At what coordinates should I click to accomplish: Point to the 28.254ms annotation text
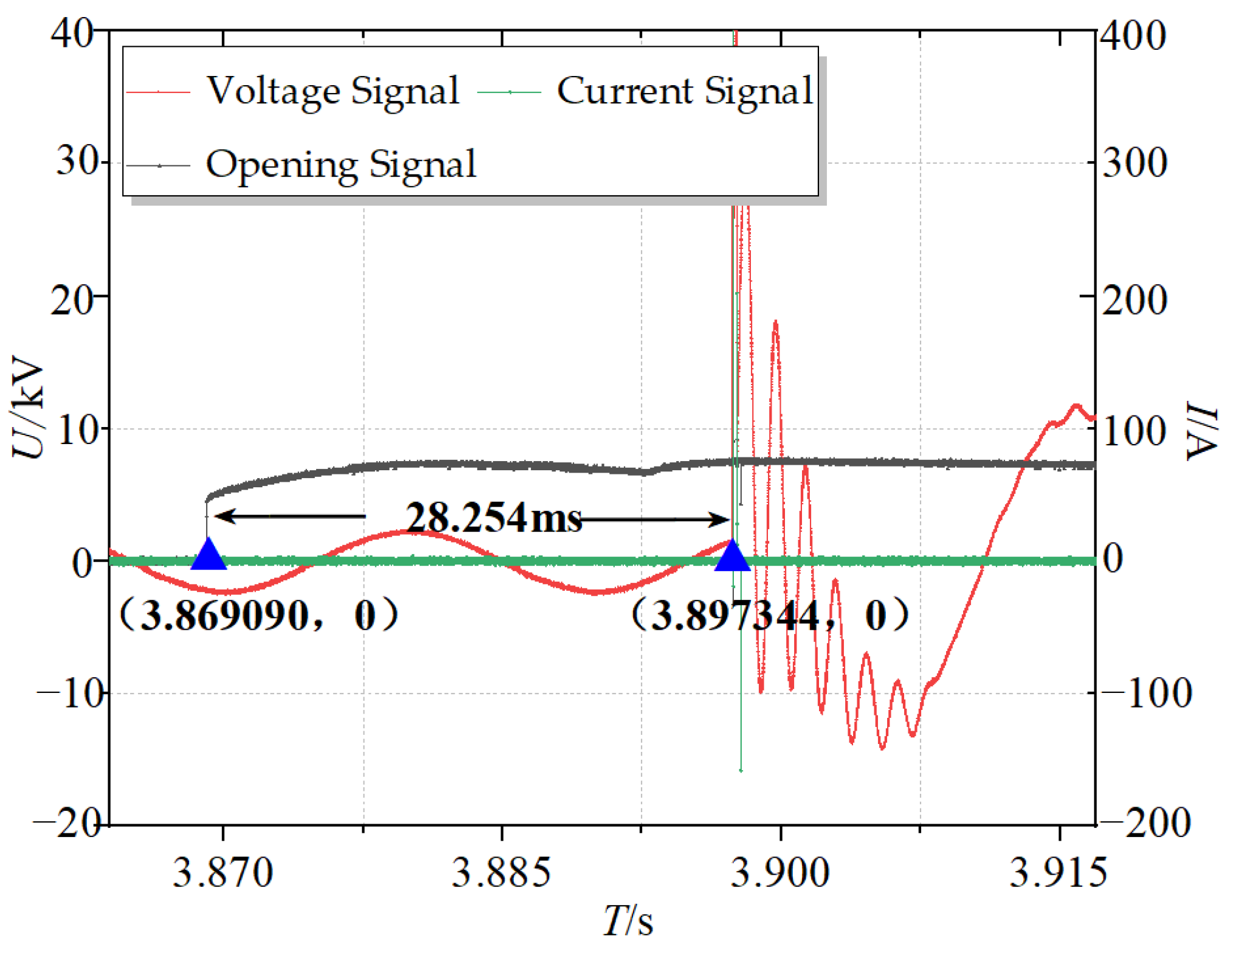(x=494, y=518)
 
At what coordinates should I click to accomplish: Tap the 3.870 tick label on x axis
(x=223, y=873)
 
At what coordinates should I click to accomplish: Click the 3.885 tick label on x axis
(x=502, y=873)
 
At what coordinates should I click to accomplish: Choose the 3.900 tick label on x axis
(x=780, y=873)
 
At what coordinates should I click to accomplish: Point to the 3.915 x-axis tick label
(x=1059, y=873)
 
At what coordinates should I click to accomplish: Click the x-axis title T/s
(x=628, y=921)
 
